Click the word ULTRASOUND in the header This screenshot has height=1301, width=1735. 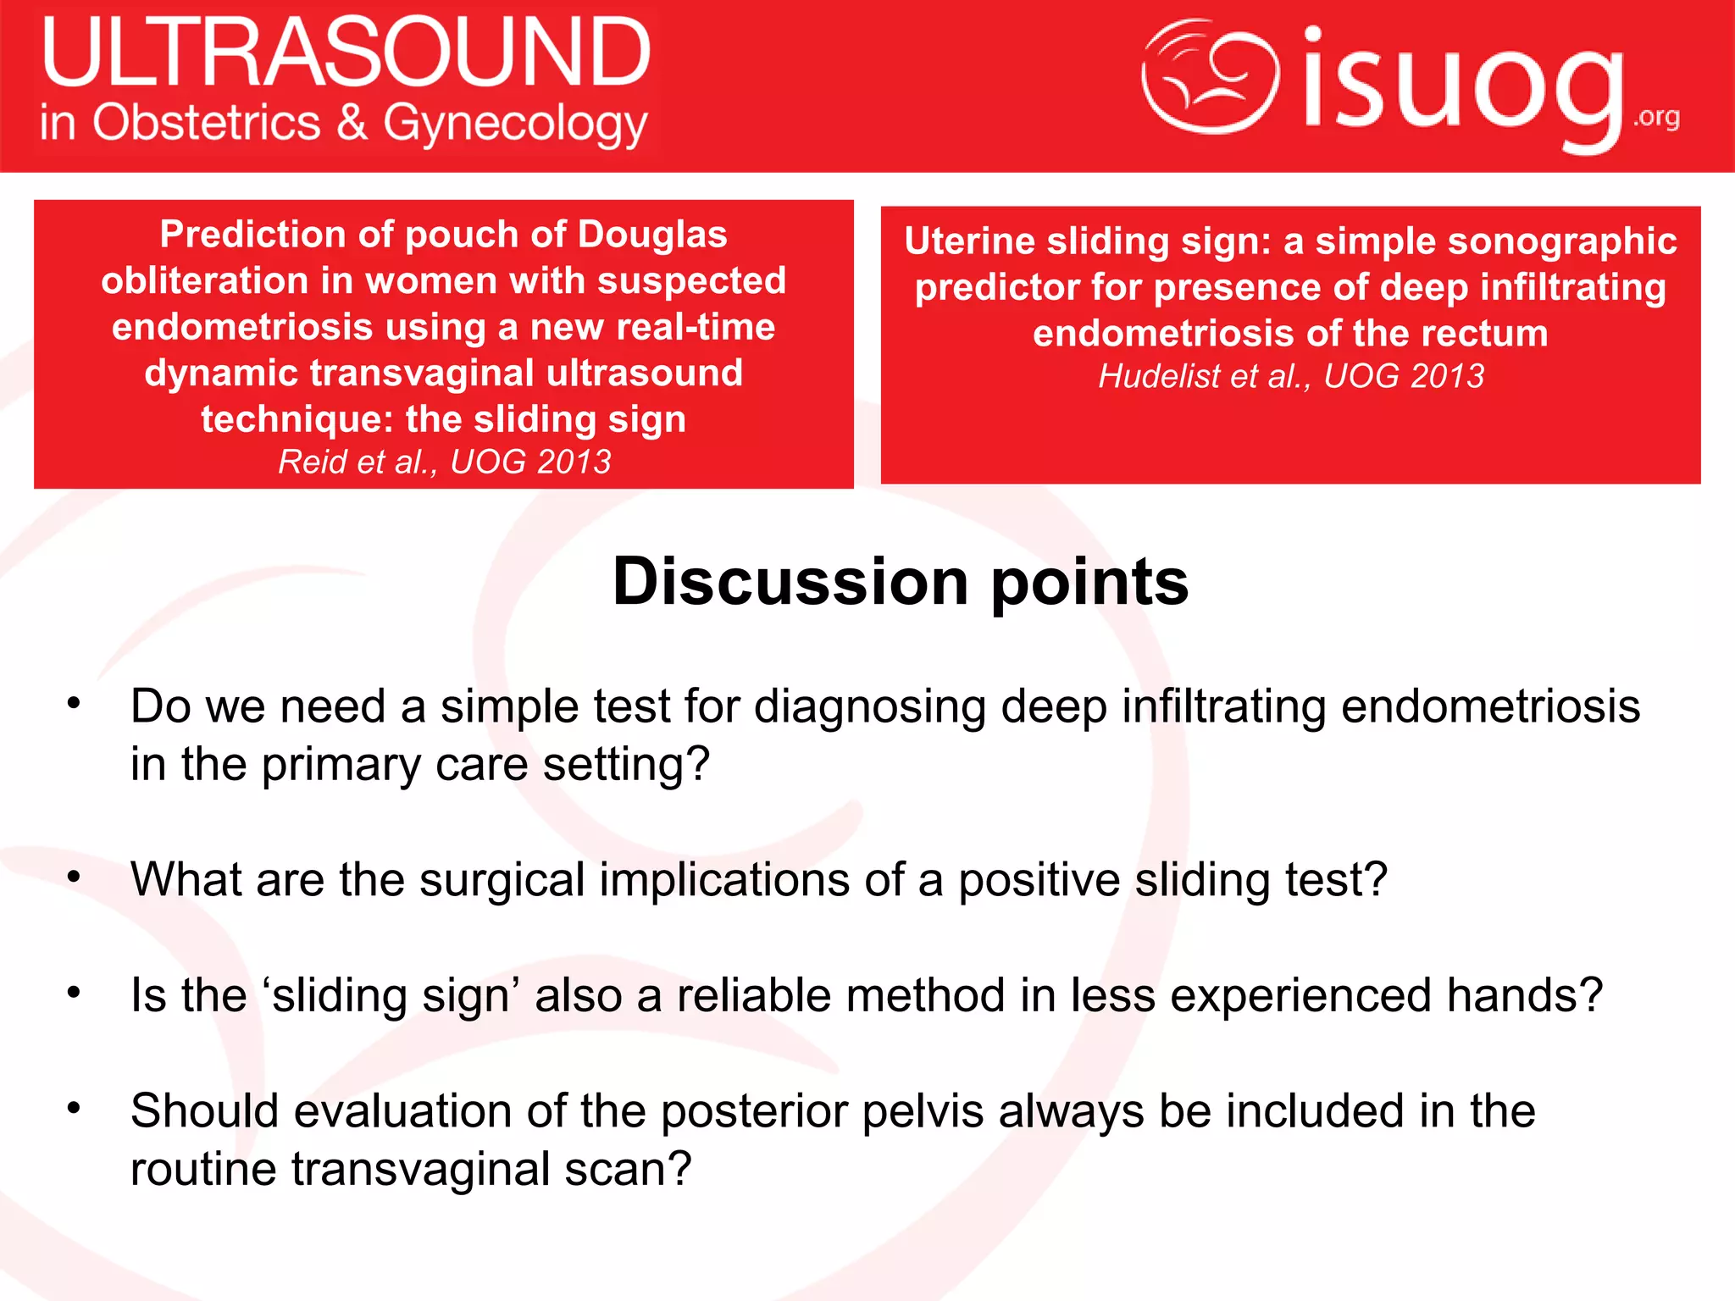[x=346, y=53]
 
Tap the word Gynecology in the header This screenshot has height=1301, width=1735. [x=515, y=125]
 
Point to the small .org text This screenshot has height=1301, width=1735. [x=1656, y=117]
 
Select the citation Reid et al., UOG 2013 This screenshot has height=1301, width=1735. [x=444, y=462]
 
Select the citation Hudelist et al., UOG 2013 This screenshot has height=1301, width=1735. [x=1290, y=376]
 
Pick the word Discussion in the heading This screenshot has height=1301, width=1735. [x=790, y=582]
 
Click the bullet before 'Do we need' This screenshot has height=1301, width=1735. [x=75, y=703]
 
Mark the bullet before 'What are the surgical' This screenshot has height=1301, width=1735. [x=75, y=877]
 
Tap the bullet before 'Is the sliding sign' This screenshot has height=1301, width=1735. [x=75, y=992]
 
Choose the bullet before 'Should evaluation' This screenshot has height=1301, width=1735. [x=75, y=1108]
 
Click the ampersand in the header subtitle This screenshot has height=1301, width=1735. [x=352, y=123]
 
